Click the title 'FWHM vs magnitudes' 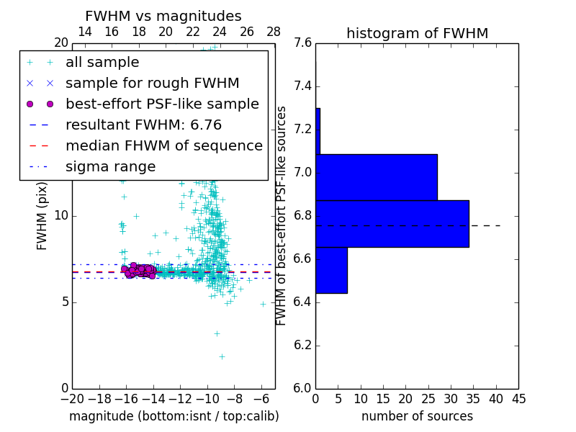[x=163, y=16]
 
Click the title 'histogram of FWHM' [x=417, y=33]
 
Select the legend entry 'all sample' [x=102, y=63]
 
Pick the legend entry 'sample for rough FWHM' [x=152, y=84]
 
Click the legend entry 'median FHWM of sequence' [x=163, y=145]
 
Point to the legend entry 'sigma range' [x=110, y=167]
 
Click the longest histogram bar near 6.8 [x=392, y=224]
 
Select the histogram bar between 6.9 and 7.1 [x=376, y=177]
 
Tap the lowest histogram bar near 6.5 [x=331, y=270]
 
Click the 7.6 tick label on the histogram [x=303, y=43]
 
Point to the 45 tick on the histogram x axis [x=518, y=398]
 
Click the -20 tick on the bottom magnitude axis [x=72, y=398]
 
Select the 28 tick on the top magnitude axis [x=274, y=32]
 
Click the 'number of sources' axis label [x=417, y=416]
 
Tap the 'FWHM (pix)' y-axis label [x=42, y=216]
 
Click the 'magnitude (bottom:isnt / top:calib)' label [x=174, y=416]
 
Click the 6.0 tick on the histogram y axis [x=303, y=388]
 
